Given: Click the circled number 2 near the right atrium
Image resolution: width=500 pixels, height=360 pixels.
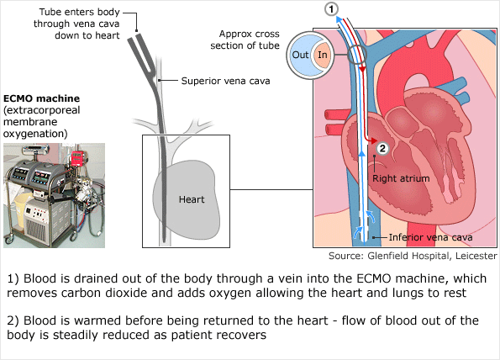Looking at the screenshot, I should click(x=382, y=149).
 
